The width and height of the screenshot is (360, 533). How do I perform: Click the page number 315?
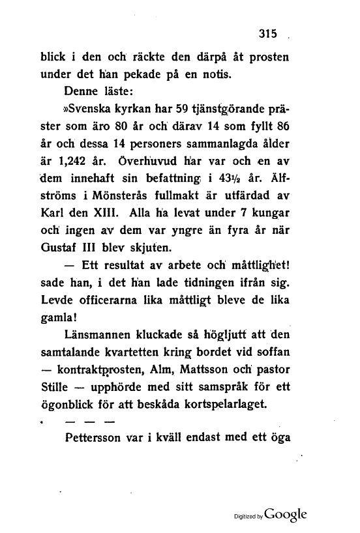pyautogui.click(x=268, y=35)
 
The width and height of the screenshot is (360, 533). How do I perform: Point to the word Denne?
pyautogui.click(x=83, y=89)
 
